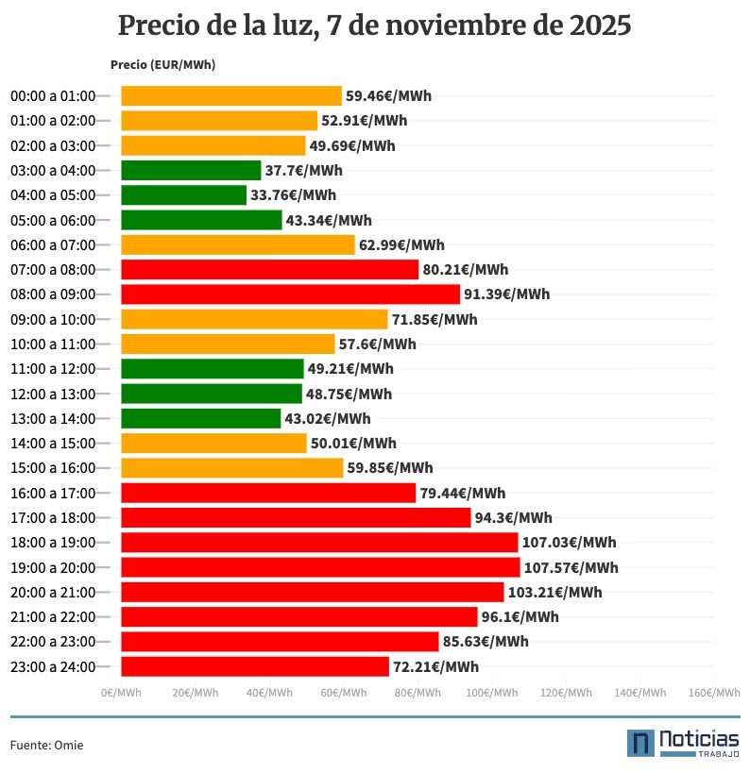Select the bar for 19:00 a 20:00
point(320,567)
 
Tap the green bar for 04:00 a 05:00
point(183,195)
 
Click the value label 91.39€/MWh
point(506,294)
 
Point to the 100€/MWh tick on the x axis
point(491,693)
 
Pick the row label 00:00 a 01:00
point(53,96)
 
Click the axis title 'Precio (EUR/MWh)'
point(162,65)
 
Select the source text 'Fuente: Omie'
point(47,745)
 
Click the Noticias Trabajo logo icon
point(640,743)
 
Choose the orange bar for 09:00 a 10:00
point(254,319)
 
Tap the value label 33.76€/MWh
point(293,195)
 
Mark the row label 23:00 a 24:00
point(53,667)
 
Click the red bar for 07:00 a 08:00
point(269,270)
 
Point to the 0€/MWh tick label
point(121,693)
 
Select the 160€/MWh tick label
point(714,693)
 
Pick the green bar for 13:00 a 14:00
point(200,418)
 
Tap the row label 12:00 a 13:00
point(53,394)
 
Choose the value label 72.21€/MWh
point(435,667)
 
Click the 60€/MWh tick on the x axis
point(343,693)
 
